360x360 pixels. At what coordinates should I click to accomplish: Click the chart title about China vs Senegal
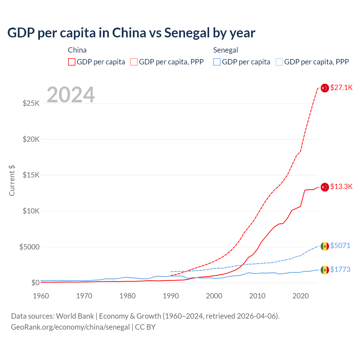131,33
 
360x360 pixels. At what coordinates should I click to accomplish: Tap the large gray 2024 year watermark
71,95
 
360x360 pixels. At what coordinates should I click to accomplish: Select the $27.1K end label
341,87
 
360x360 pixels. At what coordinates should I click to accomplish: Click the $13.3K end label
341,186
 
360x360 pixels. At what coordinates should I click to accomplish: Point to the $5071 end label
340,246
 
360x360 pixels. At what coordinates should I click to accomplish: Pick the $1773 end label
340,269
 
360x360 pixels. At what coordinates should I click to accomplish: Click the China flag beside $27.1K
325,88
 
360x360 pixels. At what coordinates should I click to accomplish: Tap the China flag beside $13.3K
325,187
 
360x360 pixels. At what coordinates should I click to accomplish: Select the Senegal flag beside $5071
325,246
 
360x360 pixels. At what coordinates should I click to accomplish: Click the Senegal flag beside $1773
325,270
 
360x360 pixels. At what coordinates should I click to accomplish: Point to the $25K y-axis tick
31,103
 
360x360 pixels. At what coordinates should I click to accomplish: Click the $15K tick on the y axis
31,175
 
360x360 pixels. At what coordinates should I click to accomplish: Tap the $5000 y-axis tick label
30,247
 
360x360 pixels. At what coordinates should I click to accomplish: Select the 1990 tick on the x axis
171,296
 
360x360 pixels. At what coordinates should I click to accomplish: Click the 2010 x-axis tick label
257,296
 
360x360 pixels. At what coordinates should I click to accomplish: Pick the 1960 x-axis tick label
41,296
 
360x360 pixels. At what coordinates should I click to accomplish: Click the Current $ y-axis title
12,181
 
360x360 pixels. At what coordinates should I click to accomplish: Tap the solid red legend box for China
72,62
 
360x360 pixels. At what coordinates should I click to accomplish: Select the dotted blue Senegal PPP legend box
279,62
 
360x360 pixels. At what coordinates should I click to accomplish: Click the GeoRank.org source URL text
70,327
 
